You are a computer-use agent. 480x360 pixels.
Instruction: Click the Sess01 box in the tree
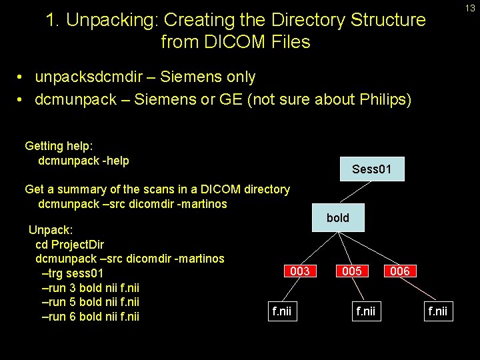(371, 169)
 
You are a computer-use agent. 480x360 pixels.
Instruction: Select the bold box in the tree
(337, 218)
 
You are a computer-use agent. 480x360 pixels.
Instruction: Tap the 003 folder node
(299, 271)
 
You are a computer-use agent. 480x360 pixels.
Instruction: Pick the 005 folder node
(351, 271)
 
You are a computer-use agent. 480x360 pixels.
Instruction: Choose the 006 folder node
(399, 271)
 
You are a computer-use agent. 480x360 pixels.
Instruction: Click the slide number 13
(470, 8)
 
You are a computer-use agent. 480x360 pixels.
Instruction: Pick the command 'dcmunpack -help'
(83, 160)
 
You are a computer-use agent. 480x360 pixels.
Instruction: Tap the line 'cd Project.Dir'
(69, 244)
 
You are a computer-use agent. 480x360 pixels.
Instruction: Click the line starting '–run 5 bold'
(90, 301)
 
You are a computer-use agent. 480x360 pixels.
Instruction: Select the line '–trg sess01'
(72, 273)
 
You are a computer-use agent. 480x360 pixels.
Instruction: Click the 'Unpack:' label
(51, 230)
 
